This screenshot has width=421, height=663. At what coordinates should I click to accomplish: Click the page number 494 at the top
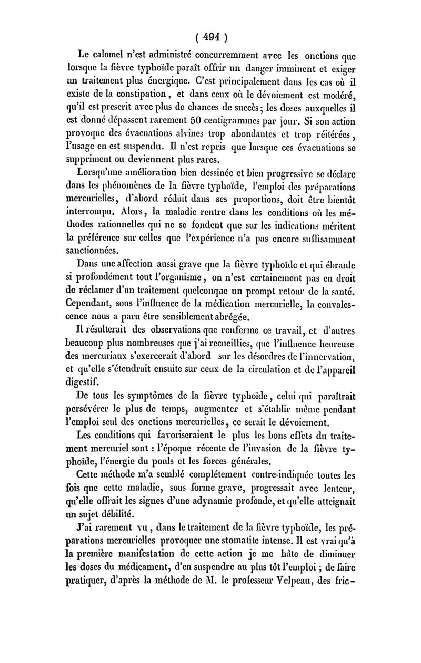point(210,38)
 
